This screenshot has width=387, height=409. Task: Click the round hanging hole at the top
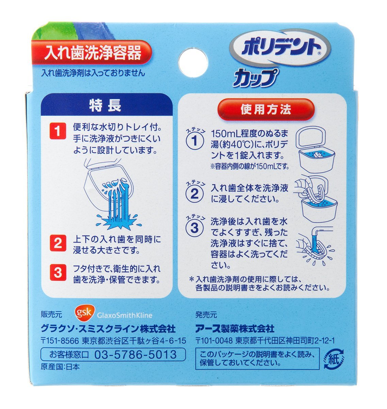(x=193, y=62)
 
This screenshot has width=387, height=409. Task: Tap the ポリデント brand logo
(x=280, y=47)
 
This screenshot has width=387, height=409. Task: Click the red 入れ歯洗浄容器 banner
(x=92, y=52)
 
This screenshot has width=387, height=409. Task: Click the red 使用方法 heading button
(x=265, y=109)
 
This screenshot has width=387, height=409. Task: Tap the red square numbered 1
(x=58, y=131)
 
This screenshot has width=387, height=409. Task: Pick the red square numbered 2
(x=58, y=243)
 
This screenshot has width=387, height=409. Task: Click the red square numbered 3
(x=58, y=273)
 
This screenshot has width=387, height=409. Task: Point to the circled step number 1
(x=195, y=141)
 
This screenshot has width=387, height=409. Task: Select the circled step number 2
(x=195, y=194)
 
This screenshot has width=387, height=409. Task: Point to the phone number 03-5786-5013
(x=135, y=354)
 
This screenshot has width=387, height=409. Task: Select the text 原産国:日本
(x=60, y=367)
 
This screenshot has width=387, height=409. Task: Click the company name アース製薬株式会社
(x=235, y=329)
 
